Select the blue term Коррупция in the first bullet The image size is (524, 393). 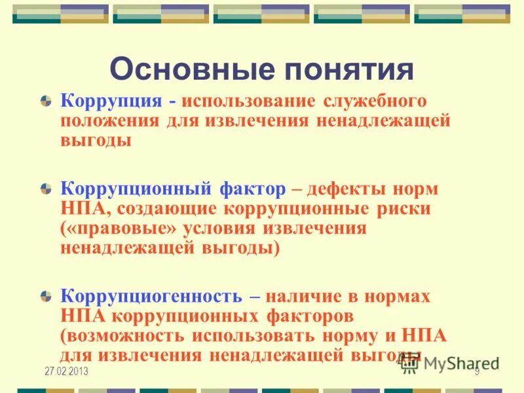coord(111,102)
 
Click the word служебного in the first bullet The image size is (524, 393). coord(375,102)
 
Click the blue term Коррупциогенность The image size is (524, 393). coord(151,296)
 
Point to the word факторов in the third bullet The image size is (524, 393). coord(310,316)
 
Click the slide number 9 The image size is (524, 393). coord(477,371)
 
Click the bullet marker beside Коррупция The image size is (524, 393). coord(46,102)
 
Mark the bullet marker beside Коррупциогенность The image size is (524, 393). coord(46,296)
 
